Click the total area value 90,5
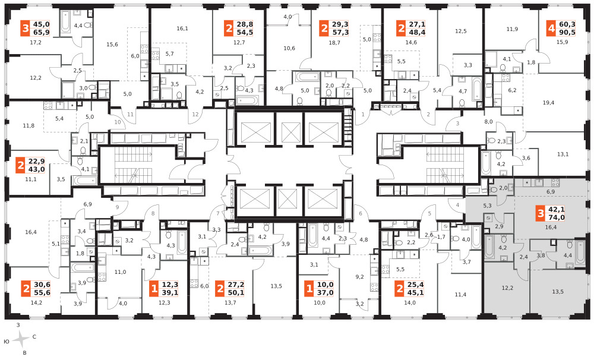[x=567, y=32]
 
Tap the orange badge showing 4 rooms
[x=551, y=29]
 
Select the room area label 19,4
[x=548, y=103]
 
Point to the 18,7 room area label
[x=334, y=43]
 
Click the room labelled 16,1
[x=182, y=29]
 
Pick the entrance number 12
[x=195, y=115]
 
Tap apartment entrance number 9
[x=118, y=207]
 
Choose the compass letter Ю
[x=7, y=342]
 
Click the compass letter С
[x=34, y=336]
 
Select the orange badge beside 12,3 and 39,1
[x=154, y=289]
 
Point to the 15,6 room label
[x=112, y=45]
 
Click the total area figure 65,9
[x=42, y=32]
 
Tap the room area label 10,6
[x=289, y=48]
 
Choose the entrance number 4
[x=457, y=205]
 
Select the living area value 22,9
[x=36, y=161]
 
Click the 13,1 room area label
[x=563, y=154]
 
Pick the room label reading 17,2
[x=36, y=43]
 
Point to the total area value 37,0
[x=326, y=292]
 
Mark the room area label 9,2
[x=359, y=277]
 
